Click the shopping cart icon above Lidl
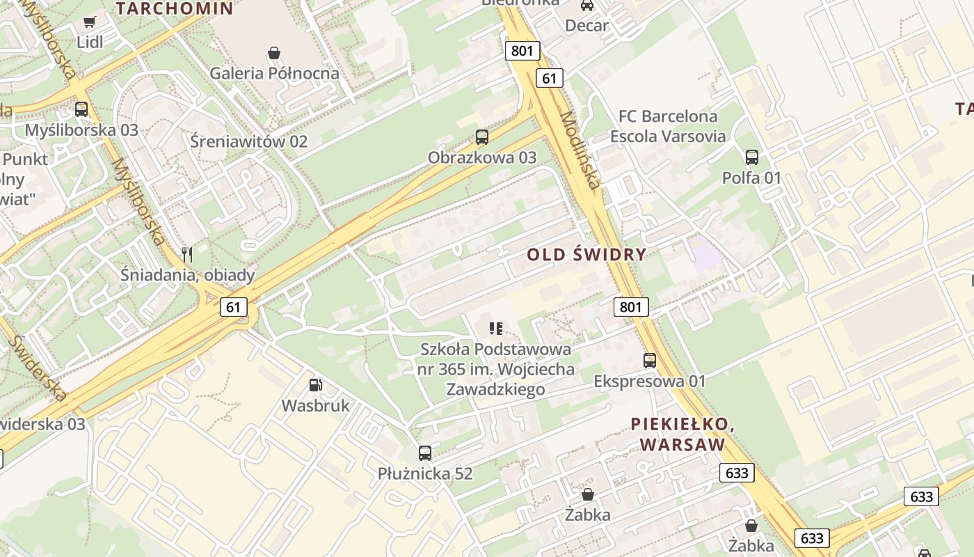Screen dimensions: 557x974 [89, 22]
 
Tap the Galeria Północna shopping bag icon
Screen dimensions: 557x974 [274, 53]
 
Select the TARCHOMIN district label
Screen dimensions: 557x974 [174, 8]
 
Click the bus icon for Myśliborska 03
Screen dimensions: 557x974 [81, 109]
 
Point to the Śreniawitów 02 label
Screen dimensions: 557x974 [248, 141]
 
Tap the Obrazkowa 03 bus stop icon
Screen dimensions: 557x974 [482, 137]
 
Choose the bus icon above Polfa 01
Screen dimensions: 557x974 [752, 157]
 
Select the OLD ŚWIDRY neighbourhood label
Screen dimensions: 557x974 [586, 254]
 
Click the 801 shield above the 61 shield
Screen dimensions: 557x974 [522, 50]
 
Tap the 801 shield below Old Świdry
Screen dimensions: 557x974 [631, 306]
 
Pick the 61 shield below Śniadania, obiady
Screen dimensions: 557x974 [234, 306]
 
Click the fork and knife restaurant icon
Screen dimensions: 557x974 [186, 255]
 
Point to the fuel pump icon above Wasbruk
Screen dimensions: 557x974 [315, 385]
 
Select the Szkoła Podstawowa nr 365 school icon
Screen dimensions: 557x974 [496, 328]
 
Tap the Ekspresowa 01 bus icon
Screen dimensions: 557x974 [650, 361]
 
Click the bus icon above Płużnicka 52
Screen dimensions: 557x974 [425, 453]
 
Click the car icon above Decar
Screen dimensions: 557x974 [587, 6]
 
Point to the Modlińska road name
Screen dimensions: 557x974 [580, 150]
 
